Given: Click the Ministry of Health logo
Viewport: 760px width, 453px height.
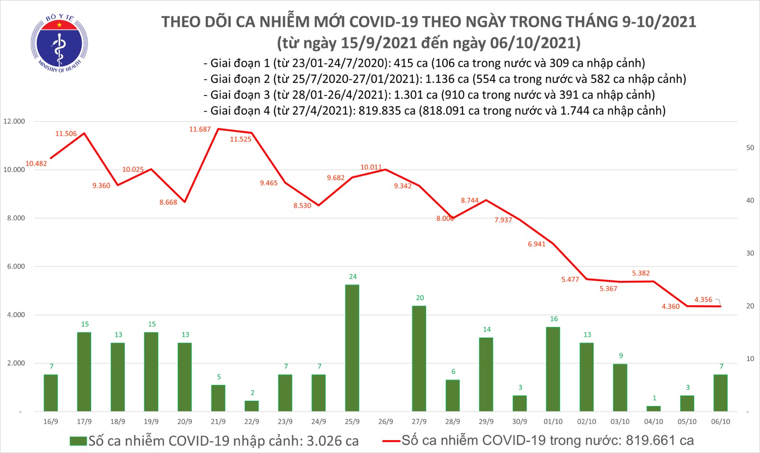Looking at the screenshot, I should pyautogui.click(x=59, y=43).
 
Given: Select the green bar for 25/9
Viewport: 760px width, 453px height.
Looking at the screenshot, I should pyautogui.click(x=352, y=347).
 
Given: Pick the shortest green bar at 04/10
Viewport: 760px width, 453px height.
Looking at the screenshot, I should pyautogui.click(x=654, y=408).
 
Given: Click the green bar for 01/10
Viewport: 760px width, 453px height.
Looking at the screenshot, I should pyautogui.click(x=553, y=369).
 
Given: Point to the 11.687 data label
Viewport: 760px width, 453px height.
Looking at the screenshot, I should pyautogui.click(x=200, y=129).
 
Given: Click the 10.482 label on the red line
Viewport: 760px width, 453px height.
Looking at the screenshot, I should pyautogui.click(x=36, y=164).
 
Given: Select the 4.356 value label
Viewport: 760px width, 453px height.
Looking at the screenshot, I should pyautogui.click(x=703, y=299).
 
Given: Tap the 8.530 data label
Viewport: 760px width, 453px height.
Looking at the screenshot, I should pyautogui.click(x=302, y=206).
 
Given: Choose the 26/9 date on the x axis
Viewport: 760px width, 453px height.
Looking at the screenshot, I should pyautogui.click(x=386, y=422).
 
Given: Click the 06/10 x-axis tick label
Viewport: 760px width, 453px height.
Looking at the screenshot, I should pyautogui.click(x=721, y=422).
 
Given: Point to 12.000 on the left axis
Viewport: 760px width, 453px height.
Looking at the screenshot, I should pyautogui.click(x=14, y=121).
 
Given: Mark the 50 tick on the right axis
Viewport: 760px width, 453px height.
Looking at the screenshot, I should pyautogui.click(x=750, y=148).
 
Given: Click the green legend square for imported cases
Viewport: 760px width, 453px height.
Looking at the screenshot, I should pyautogui.click(x=78, y=441).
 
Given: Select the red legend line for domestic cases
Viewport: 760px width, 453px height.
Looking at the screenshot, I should pyautogui.click(x=391, y=441).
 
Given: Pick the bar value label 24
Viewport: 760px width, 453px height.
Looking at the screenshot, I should pyautogui.click(x=352, y=277).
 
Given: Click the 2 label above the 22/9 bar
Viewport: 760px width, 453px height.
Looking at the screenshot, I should pyautogui.click(x=252, y=393).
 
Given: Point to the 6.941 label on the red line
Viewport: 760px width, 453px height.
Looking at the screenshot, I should pyautogui.click(x=537, y=244).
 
